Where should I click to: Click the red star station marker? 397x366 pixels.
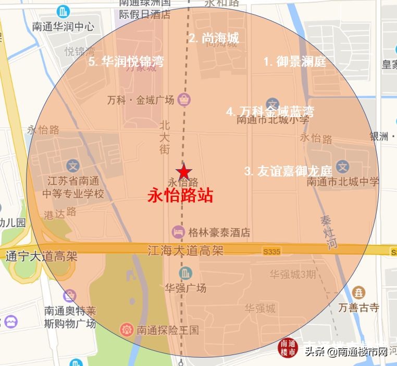coord(183,172)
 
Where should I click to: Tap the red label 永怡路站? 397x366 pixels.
coord(181,196)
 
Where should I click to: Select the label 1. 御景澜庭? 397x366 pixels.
coord(294,62)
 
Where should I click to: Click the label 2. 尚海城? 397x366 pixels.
coord(214,38)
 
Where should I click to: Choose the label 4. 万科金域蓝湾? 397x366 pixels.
coord(270,112)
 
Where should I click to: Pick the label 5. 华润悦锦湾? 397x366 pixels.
coord(126,62)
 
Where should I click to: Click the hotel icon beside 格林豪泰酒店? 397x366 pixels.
coord(178,232)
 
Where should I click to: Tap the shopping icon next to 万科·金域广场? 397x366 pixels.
coord(184,99)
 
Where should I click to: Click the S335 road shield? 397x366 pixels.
coord(271,252)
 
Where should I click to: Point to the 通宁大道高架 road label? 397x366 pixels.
coord(41,256)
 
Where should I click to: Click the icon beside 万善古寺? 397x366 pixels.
coord(358,293)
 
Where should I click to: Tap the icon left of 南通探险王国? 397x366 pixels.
coord(127,329)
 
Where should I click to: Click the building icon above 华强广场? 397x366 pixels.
coord(185,273)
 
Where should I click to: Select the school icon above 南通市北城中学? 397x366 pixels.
coord(342,167)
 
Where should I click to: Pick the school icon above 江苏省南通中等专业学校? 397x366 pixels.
coord(73,167)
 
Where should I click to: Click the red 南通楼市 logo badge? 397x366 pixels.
coord(289,348)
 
